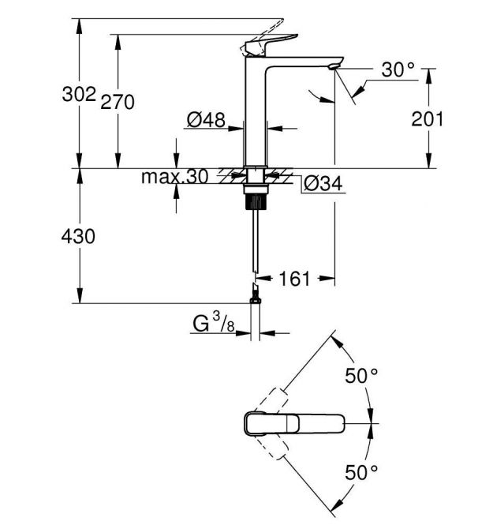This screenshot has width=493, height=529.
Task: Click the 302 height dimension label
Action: pos(79,95)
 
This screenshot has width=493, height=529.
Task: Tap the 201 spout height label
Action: pos(428,119)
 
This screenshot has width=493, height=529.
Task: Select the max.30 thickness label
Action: pos(175,177)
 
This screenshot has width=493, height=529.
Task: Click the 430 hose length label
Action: pos(79,236)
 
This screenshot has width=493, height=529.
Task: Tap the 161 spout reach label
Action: pos(295,278)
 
